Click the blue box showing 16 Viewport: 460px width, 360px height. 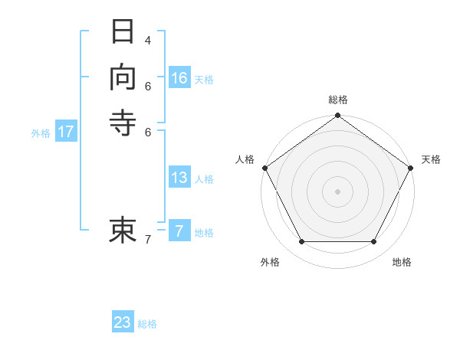179,78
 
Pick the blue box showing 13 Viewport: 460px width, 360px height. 179,178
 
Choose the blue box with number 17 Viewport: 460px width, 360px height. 66,132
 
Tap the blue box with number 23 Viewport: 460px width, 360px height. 123,322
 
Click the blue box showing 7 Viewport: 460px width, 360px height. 179,231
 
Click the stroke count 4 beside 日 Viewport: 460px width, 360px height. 148,40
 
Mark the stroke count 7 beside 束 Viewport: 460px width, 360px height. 148,240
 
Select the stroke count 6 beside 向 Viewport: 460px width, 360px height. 148,85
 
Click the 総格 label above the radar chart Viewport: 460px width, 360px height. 337,100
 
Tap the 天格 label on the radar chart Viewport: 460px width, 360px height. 431,159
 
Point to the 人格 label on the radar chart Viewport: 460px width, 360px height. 245,159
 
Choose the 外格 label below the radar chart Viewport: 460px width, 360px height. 270,262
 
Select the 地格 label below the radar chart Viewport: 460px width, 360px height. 402,262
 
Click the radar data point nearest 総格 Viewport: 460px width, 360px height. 337,116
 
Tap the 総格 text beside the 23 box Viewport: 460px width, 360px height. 147,324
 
